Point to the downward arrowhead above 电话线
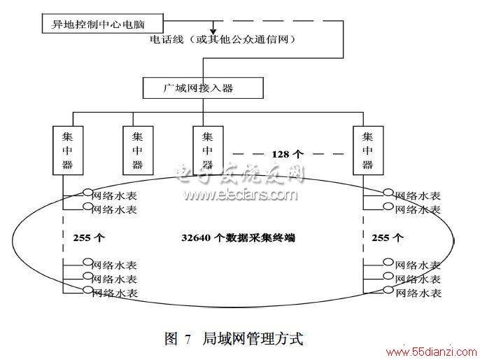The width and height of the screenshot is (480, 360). (x=213, y=32)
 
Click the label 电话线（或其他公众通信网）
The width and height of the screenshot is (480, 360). (x=223, y=39)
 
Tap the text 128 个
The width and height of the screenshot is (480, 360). (x=287, y=154)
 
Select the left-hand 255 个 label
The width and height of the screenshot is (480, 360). (x=89, y=237)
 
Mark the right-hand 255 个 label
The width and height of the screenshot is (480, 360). (x=388, y=237)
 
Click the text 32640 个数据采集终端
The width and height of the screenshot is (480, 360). (x=238, y=237)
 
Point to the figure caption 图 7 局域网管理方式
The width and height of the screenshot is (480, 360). (x=234, y=338)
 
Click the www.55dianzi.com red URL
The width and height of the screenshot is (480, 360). (x=432, y=352)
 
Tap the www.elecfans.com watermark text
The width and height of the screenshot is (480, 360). (x=240, y=195)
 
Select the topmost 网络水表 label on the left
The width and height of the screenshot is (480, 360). (x=114, y=195)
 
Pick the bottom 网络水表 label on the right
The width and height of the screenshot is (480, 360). (x=418, y=293)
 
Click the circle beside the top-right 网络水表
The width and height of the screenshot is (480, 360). (x=388, y=193)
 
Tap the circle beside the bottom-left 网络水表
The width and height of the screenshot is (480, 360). (x=88, y=289)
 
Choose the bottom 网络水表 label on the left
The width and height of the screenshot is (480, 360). (x=115, y=293)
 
